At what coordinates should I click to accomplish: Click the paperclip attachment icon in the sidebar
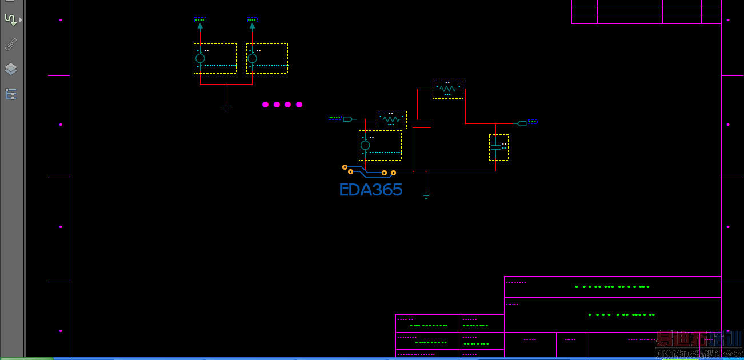10,44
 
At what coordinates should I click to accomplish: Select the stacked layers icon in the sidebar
10,69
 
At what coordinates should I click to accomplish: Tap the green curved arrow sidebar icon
10,19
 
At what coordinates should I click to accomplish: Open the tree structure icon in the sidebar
10,94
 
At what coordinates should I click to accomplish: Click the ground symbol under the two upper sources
226,108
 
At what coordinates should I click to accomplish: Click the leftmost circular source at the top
200,58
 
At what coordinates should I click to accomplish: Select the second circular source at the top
252,58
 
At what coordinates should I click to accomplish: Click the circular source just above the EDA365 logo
365,145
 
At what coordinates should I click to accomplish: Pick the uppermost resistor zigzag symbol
448,89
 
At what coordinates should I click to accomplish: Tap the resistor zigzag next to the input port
391,119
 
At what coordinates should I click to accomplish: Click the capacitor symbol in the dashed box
496,147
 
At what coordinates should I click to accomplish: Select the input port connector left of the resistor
347,119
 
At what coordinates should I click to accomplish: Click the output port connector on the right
522,123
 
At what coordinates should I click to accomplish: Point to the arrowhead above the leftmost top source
200,25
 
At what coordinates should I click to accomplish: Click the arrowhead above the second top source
252,25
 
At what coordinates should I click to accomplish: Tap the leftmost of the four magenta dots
265,105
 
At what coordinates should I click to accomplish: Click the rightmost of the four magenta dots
299,105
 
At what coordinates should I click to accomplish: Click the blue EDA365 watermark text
371,190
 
